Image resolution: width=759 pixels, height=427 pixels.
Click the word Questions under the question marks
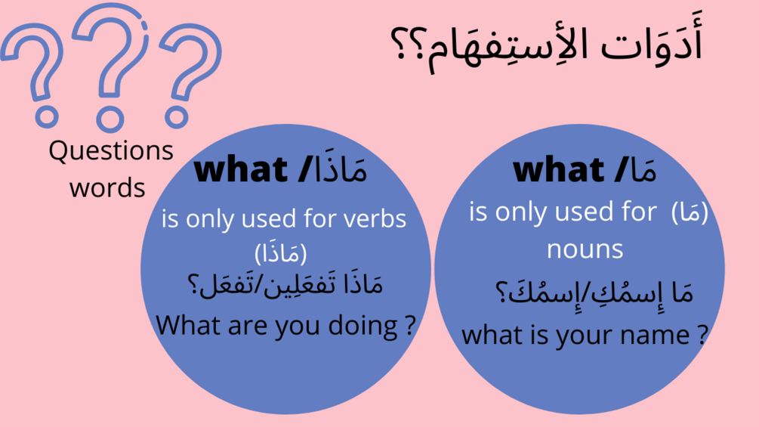[x=111, y=150]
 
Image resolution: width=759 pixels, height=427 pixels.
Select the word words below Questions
[x=107, y=188]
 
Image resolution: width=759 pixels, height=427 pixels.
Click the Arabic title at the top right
[x=547, y=45]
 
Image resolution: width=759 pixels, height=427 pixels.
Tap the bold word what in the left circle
[x=241, y=169]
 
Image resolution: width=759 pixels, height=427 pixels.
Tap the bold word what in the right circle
[x=558, y=170]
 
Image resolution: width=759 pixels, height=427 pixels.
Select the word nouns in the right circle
[x=585, y=250]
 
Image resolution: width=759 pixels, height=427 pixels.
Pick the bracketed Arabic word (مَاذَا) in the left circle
[x=281, y=252]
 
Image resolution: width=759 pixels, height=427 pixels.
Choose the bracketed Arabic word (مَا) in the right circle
[x=690, y=212]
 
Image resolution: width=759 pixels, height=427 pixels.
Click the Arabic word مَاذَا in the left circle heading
[x=340, y=167]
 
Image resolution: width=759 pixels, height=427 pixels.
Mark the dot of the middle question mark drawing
[x=110, y=119]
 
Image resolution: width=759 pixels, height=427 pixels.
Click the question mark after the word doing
[x=411, y=325]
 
